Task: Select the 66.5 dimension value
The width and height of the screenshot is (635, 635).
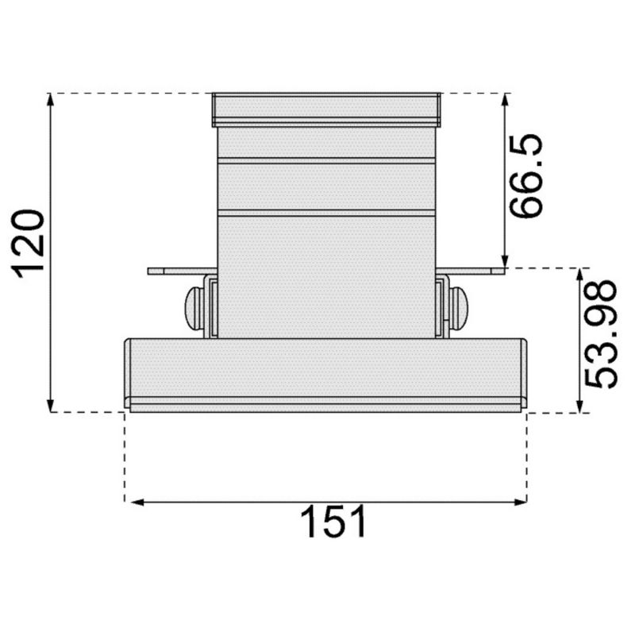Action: [526, 176]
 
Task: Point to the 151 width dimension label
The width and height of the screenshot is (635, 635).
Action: [333, 523]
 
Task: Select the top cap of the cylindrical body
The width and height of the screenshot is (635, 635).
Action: [325, 109]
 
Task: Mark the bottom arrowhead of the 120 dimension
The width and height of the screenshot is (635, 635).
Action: [51, 406]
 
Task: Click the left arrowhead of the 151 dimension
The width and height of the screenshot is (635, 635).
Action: [133, 502]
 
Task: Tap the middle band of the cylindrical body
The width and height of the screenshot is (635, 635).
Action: [325, 187]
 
